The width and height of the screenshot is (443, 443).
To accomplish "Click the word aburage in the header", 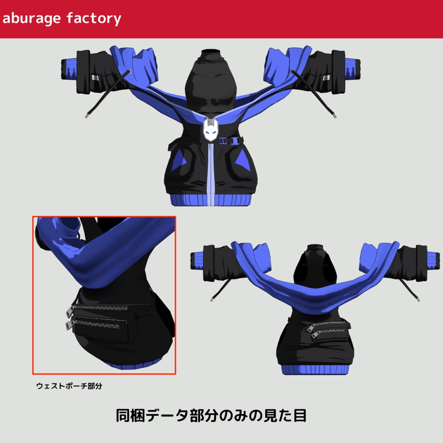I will (x=32, y=19).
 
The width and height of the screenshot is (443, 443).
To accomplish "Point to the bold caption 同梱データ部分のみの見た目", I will (x=211, y=416).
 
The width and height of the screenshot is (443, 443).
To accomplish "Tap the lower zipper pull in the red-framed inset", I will (x=69, y=324).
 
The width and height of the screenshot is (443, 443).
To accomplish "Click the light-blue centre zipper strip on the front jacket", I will (x=210, y=173).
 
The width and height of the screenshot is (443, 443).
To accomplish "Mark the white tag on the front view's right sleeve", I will (x=326, y=78).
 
